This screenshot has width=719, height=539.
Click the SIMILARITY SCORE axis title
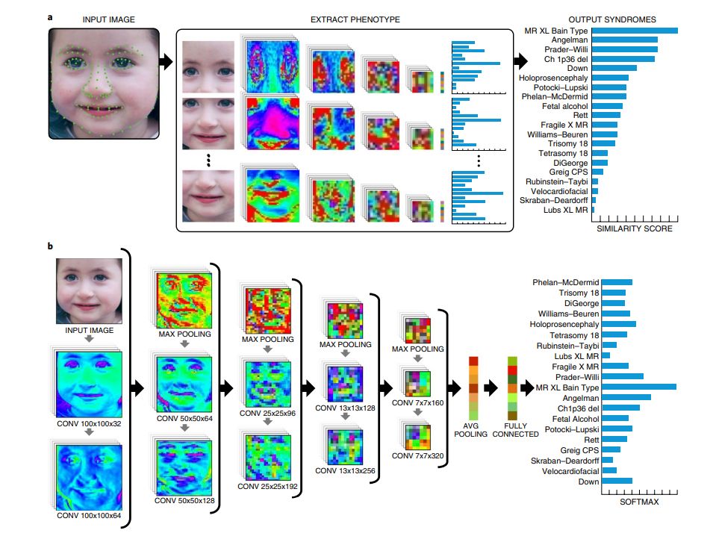pyautogui.click(x=635, y=228)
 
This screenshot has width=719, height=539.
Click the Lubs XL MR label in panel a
pyautogui.click(x=564, y=210)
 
